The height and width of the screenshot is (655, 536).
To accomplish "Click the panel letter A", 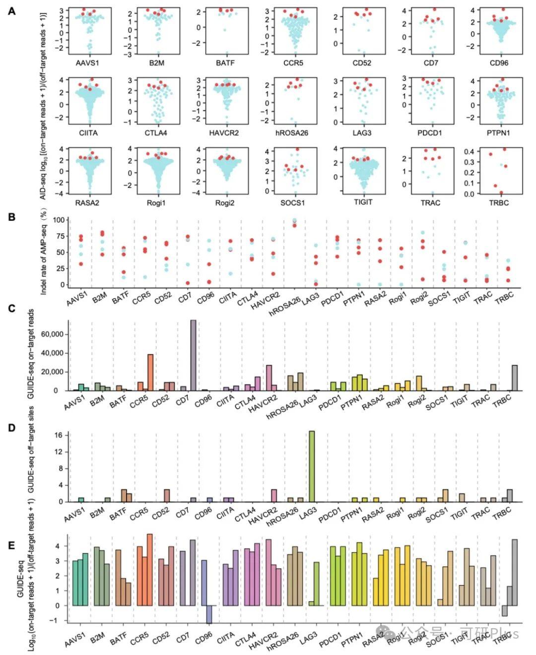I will (x=11, y=10).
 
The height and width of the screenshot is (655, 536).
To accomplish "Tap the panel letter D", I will (x=11, y=427).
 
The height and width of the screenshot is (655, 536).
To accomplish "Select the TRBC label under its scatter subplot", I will (x=498, y=202).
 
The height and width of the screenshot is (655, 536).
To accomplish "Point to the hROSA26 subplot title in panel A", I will (x=292, y=133).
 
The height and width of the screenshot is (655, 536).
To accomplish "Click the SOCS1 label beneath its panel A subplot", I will (x=292, y=202).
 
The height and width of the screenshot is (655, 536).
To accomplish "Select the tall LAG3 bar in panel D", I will (x=312, y=466).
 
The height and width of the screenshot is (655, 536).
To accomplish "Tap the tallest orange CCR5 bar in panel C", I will (x=150, y=372).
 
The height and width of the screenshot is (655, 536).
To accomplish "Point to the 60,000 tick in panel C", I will (x=52, y=334).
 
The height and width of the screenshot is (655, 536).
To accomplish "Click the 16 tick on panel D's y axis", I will (x=59, y=435).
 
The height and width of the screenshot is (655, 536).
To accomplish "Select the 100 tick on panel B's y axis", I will (x=59, y=220).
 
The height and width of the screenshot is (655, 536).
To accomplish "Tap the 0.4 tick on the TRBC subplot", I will (x=469, y=151).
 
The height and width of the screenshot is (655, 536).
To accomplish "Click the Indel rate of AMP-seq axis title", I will (x=44, y=253).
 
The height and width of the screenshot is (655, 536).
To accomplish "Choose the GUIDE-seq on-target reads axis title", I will (x=31, y=353).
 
